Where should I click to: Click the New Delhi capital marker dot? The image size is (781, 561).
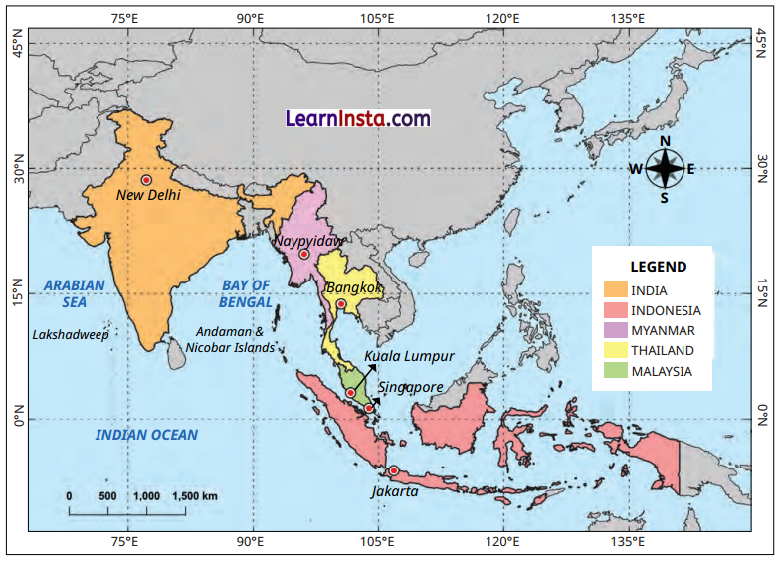[x=147, y=180]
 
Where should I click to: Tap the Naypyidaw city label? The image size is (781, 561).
[x=308, y=241]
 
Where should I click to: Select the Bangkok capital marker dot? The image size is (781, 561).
[x=341, y=304]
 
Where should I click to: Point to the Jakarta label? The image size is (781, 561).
[x=394, y=490]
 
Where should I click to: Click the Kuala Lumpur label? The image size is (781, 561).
[x=409, y=355]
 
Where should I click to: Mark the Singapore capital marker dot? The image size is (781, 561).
[x=369, y=408]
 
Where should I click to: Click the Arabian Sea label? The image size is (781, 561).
[x=75, y=293]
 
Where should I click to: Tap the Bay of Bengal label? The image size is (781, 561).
[x=246, y=293]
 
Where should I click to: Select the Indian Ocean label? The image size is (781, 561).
[x=146, y=435]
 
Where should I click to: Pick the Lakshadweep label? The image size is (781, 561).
[x=71, y=334]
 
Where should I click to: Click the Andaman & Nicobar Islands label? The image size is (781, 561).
[x=230, y=340]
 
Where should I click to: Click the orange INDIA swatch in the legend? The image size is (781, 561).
[x=616, y=289]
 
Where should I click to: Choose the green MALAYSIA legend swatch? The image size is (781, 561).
[x=616, y=371]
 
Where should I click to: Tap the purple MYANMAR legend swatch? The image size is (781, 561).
[x=616, y=330]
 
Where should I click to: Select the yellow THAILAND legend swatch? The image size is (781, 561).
[x=616, y=350]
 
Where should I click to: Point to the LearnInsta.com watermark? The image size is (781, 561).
[x=358, y=118]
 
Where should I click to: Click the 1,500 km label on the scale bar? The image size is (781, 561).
[x=195, y=495]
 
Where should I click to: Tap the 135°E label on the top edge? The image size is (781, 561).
[x=628, y=18]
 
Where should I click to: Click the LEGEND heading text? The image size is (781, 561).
[x=658, y=267]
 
